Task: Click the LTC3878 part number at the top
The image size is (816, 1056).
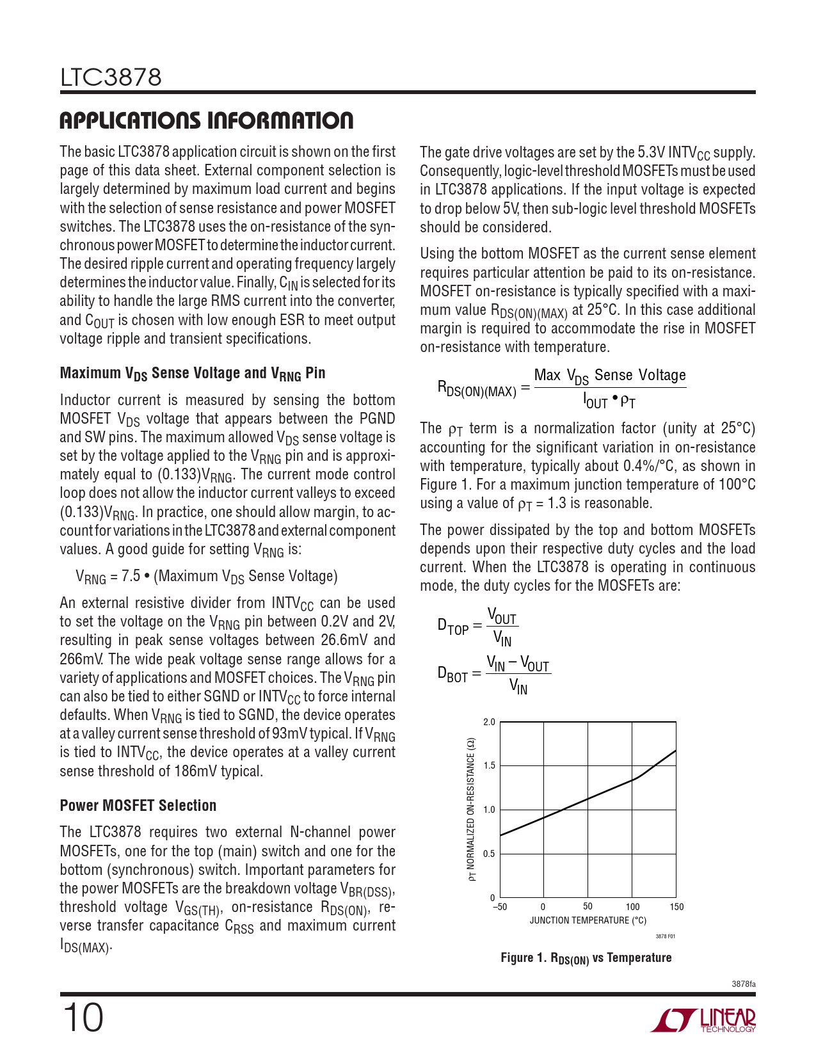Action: (x=111, y=77)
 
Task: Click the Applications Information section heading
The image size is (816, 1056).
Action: (x=206, y=120)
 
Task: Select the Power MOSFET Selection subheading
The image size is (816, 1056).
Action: (x=138, y=805)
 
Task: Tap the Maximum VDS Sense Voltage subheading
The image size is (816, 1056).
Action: (x=193, y=373)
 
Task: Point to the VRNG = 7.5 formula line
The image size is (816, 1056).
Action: (x=206, y=577)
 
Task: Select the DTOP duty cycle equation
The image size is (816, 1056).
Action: (x=477, y=626)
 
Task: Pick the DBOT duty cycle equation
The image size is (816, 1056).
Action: (x=493, y=674)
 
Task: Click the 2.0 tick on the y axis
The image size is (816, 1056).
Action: (x=490, y=722)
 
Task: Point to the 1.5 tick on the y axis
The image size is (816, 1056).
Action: (x=490, y=765)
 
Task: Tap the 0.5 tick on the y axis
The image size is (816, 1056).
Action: (x=490, y=854)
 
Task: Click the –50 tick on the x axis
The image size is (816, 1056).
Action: (x=499, y=906)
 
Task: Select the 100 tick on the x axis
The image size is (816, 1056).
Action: (x=632, y=906)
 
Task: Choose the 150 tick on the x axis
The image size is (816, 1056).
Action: (x=676, y=906)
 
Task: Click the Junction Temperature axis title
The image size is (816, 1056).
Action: (x=588, y=920)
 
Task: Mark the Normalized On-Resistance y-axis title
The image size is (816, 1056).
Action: (x=472, y=810)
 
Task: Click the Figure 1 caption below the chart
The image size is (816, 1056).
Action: (x=586, y=958)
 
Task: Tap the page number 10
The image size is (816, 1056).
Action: (x=82, y=1018)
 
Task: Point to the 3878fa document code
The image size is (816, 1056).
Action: (x=743, y=984)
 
